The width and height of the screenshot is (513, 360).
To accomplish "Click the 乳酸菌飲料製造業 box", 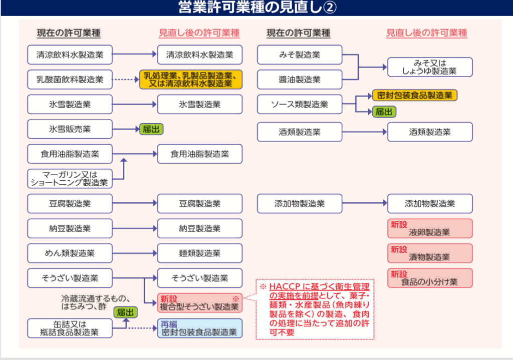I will click(70, 79).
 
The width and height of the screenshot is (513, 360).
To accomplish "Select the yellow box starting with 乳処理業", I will click(191, 79).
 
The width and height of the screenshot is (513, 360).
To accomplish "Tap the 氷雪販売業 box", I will click(70, 129).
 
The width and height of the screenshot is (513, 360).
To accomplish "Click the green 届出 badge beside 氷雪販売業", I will click(151, 129).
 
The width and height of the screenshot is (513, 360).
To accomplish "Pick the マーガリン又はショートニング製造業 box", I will click(70, 178).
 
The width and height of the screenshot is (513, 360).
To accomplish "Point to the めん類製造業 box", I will click(70, 253).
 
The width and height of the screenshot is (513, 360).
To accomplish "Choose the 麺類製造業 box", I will click(199, 253).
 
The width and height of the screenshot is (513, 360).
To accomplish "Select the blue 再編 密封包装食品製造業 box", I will click(199, 328).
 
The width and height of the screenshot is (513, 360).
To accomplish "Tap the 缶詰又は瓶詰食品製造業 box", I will click(70, 328).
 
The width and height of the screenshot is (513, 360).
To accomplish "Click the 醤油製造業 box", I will click(300, 79).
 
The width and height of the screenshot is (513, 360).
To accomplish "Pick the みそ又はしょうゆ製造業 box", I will click(429, 67).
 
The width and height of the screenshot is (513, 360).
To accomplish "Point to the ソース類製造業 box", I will click(300, 104).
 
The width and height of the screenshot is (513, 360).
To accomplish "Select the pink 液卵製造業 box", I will click(429, 228).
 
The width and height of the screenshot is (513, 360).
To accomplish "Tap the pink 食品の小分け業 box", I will click(429, 278).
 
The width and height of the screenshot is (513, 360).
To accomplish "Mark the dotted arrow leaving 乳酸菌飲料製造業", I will click(125, 79).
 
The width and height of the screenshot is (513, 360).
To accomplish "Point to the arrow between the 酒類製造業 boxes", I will click(364, 132).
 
